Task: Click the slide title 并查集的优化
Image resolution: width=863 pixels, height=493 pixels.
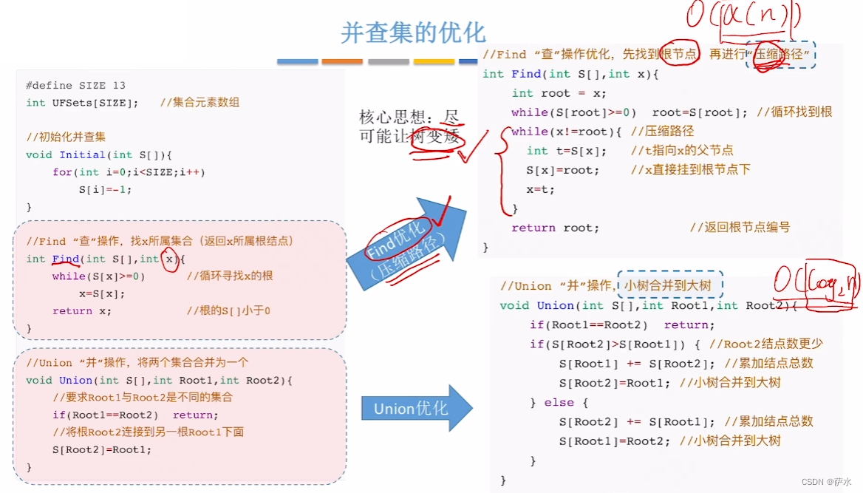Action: pos(413,33)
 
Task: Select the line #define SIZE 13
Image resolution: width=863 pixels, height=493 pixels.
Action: pos(75,86)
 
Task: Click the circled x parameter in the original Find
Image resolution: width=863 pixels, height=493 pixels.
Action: pos(170,259)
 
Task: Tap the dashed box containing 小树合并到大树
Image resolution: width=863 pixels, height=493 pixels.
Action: pos(669,285)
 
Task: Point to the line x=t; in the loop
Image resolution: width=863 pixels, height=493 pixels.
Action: pos(540,189)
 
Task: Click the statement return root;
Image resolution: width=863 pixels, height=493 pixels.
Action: pos(555,228)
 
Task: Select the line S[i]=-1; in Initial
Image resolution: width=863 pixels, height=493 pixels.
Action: pos(105,189)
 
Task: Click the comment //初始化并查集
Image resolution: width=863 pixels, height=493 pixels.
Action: pos(66,137)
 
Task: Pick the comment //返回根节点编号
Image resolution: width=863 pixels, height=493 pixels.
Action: pos(740,228)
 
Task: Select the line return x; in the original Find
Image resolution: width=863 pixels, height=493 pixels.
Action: pos(82,311)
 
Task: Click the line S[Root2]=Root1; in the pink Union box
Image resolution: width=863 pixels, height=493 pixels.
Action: pos(101,449)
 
